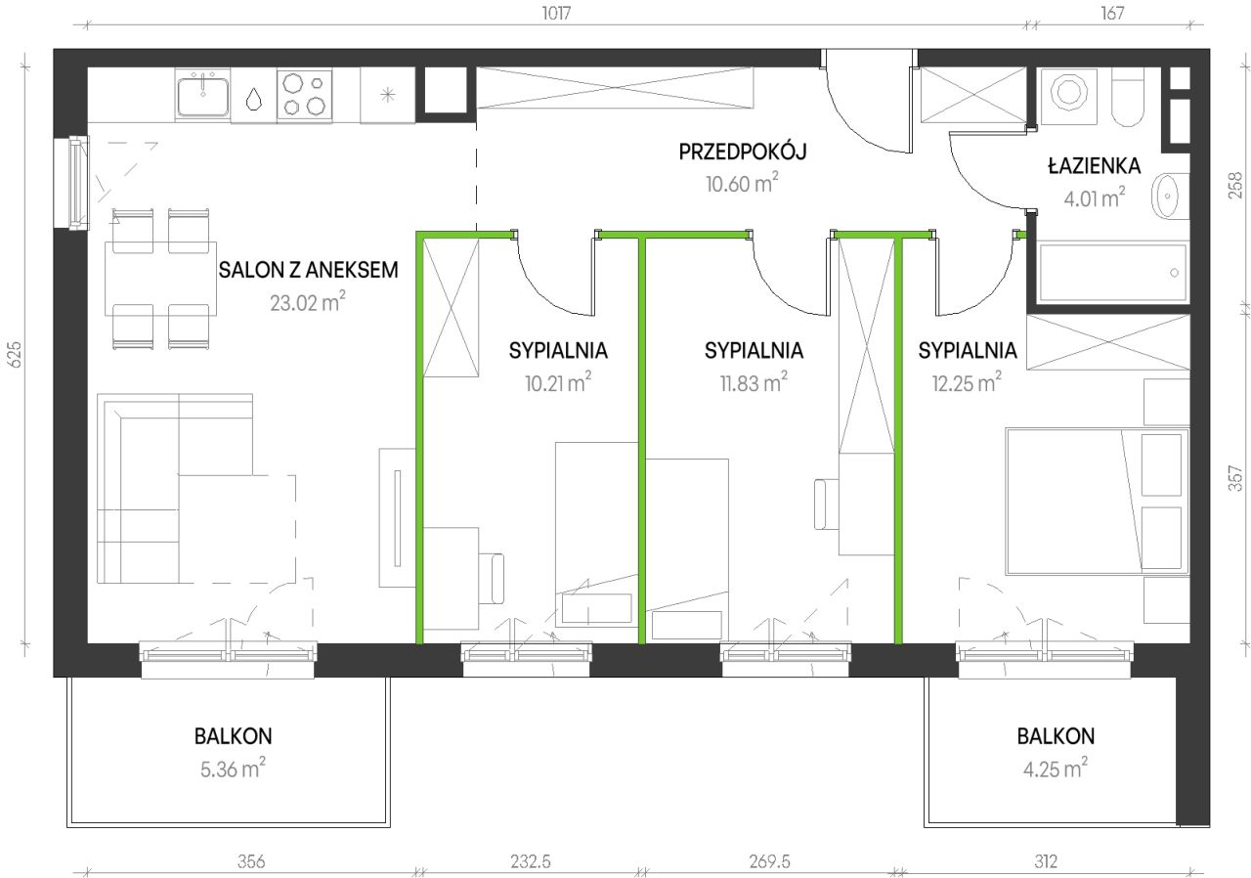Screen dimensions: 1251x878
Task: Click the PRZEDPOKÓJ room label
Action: (x=742, y=152)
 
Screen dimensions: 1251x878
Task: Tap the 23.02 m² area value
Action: (x=308, y=302)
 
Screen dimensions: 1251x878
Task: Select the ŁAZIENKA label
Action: (x=1094, y=165)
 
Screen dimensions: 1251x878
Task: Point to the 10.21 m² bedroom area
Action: (x=558, y=382)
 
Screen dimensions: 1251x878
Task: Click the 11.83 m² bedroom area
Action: (x=754, y=382)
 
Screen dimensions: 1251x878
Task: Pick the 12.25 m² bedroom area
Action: (x=967, y=382)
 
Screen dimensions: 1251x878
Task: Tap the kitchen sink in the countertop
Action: (x=202, y=95)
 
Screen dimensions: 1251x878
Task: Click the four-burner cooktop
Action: (x=304, y=95)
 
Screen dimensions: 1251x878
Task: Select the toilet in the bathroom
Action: (x=1128, y=98)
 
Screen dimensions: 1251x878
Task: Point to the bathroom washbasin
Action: (x=1167, y=196)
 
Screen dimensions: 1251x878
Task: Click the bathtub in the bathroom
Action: (x=1112, y=272)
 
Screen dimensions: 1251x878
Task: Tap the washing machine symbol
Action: (x=1069, y=96)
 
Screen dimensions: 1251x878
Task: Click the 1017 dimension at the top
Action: (x=556, y=13)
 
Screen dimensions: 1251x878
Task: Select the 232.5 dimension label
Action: (x=531, y=861)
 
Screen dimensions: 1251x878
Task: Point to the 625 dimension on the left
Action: (x=14, y=354)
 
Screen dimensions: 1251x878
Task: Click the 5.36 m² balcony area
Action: (x=233, y=768)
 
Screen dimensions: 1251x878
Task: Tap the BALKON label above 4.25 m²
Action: (x=1056, y=736)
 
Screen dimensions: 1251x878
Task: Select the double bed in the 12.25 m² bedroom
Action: (x=1098, y=502)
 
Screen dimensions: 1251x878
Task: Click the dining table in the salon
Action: (x=161, y=278)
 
